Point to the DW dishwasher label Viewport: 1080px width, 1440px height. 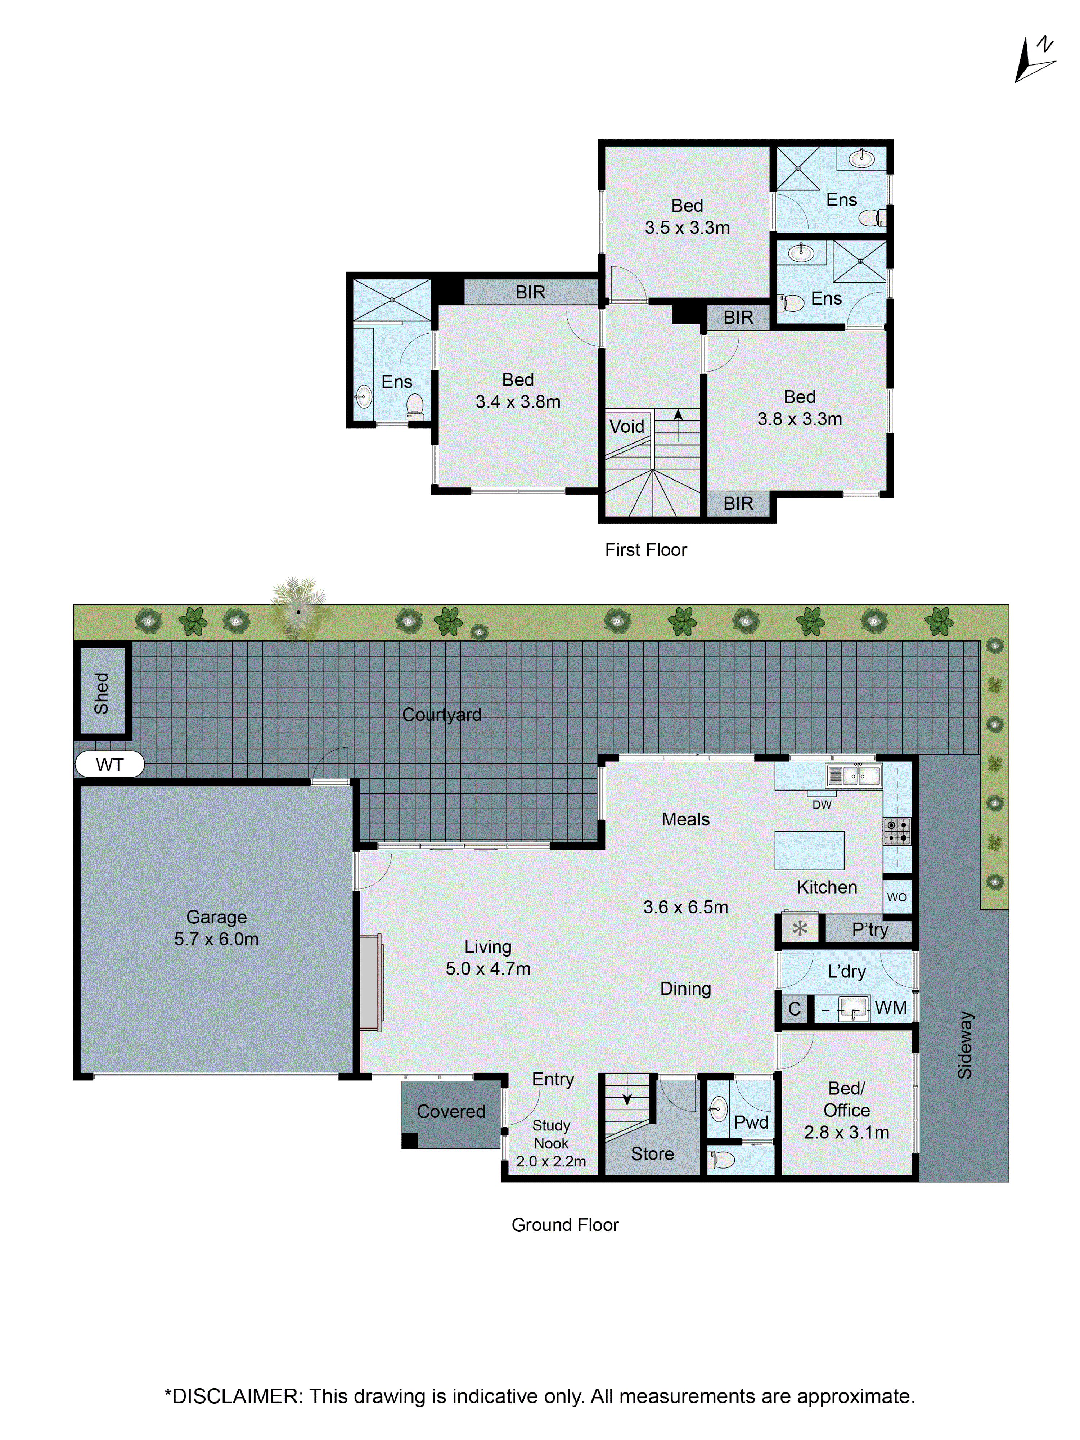click(822, 805)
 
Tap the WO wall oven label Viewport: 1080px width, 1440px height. click(896, 897)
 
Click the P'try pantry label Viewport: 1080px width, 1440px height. click(870, 930)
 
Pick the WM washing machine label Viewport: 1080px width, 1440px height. click(891, 1008)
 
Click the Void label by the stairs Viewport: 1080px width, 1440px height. click(626, 426)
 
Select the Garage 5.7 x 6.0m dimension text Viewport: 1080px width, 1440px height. click(216, 939)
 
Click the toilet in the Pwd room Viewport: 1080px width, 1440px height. click(721, 1160)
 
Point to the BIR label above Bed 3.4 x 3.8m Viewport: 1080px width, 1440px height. click(530, 292)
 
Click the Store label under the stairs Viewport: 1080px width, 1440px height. click(652, 1153)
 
